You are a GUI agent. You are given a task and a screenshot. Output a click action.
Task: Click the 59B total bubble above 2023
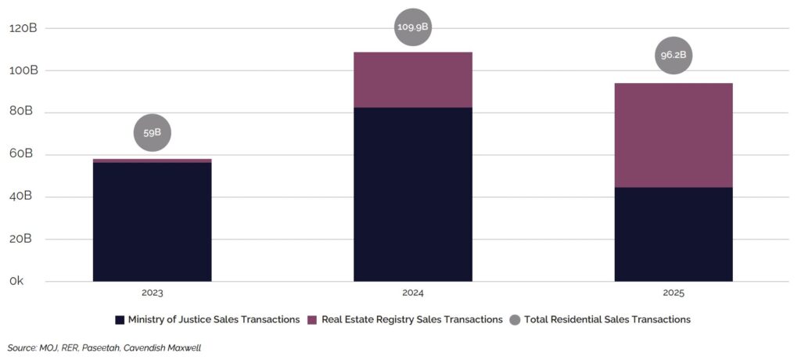152,132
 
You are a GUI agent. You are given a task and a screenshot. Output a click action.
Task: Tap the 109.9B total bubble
413,27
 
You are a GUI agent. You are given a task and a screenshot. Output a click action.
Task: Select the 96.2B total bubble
673,56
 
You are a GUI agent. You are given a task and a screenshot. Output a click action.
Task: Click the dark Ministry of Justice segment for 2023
152,221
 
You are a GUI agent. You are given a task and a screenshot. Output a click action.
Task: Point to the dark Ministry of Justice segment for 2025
673,234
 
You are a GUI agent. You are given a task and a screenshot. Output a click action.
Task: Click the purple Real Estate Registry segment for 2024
413,80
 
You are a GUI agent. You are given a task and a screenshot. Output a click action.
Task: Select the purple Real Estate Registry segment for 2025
673,135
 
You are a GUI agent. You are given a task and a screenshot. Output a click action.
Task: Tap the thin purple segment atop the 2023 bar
152,160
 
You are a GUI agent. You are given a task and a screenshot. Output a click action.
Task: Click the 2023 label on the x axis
152,293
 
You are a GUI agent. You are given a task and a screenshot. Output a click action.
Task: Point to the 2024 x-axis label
413,293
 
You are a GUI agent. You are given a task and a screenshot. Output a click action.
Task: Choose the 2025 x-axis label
673,293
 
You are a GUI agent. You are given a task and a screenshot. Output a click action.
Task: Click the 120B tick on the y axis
23,28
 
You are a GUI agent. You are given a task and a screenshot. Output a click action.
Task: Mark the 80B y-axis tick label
23,112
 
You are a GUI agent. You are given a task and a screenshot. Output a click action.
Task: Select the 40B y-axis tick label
23,196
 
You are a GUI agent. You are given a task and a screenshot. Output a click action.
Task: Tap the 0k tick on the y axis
16,281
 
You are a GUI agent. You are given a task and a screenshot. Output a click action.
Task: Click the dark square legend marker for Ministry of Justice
120,319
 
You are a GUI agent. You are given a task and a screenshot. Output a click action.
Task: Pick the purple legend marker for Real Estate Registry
312,319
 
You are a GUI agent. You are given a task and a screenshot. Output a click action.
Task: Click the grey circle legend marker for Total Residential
515,319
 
